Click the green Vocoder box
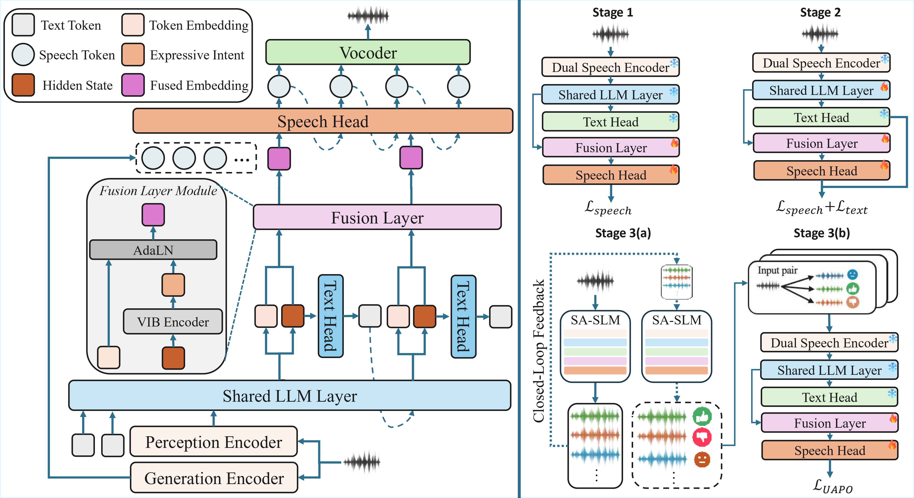(368, 52)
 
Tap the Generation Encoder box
(214, 478)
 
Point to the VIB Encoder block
(173, 322)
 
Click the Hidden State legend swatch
(23, 85)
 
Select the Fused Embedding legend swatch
(133, 85)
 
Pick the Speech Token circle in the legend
(23, 55)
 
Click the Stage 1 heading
(612, 13)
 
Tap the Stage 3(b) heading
(821, 233)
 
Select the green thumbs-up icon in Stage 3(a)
(702, 416)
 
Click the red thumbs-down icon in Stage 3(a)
(702, 437)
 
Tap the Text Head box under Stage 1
(610, 122)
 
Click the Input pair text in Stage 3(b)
(777, 271)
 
